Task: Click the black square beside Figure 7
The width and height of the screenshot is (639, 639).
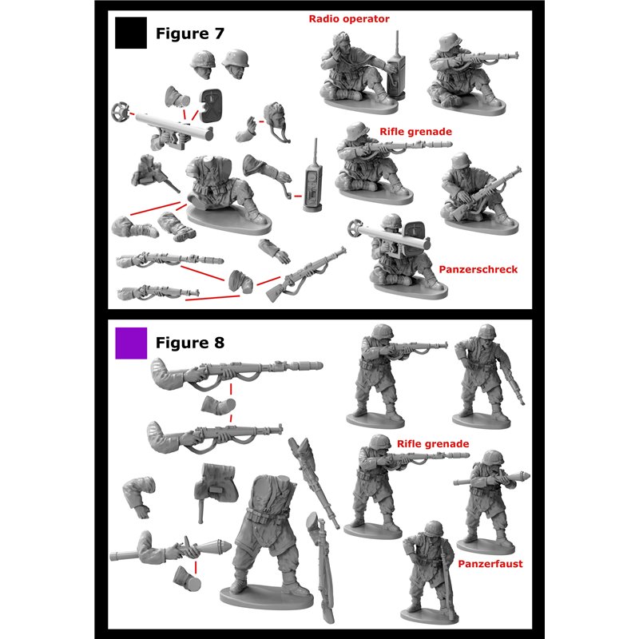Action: point(131,33)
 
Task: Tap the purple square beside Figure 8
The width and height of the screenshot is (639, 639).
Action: point(131,343)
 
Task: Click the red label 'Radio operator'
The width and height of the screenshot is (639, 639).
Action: point(349,18)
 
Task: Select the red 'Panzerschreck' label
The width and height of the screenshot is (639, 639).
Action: point(478,269)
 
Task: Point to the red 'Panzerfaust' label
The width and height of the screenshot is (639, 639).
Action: point(490,564)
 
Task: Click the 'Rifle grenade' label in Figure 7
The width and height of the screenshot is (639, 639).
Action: point(415,132)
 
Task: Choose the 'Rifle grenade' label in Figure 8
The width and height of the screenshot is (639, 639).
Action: point(433,444)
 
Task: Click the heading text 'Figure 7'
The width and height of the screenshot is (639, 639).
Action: point(190,34)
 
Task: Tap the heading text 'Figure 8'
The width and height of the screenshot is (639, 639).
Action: point(190,343)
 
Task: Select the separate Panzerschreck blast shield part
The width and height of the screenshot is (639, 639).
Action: point(211,105)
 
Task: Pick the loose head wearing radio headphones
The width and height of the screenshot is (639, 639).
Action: point(276,120)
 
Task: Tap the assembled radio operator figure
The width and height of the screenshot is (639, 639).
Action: point(361,71)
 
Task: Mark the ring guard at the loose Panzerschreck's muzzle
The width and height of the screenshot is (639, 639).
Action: point(121,112)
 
